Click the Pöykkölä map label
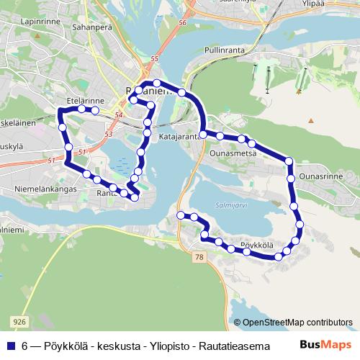pyautogui.click(x=257, y=246)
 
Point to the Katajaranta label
pyautogui.click(x=178, y=136)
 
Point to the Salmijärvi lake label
pyautogui.click(x=230, y=205)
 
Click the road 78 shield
pyautogui.click(x=199, y=256)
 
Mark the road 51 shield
pyautogui.click(x=82, y=152)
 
